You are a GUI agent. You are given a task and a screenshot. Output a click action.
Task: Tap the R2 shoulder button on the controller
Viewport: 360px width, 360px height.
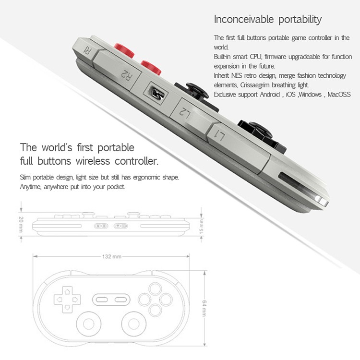[118, 69]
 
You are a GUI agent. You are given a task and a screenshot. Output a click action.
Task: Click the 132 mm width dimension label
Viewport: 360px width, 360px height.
[111, 256]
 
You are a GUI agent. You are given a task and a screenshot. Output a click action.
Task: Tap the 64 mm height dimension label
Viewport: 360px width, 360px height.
[204, 308]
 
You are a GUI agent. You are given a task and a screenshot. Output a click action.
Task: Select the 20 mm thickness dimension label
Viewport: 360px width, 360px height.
[21, 224]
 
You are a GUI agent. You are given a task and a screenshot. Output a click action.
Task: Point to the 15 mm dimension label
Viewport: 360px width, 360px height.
[201, 227]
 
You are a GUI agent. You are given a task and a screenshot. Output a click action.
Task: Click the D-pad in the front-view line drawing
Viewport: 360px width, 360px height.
[67, 300]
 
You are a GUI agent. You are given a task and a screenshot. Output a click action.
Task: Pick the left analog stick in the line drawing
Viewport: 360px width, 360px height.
[89, 324]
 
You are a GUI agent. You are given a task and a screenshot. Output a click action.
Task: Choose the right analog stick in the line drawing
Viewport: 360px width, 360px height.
[134, 324]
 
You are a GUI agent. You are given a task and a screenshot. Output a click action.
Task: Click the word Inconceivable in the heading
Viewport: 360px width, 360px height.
[244, 19]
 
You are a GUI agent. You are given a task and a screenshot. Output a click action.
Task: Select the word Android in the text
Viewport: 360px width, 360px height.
[270, 95]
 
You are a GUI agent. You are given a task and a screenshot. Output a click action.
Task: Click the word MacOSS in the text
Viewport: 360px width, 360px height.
[339, 95]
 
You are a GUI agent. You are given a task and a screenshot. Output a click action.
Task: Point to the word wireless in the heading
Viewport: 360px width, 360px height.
[93, 161]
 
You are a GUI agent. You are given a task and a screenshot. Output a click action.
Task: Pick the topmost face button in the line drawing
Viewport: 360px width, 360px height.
[155, 288]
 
